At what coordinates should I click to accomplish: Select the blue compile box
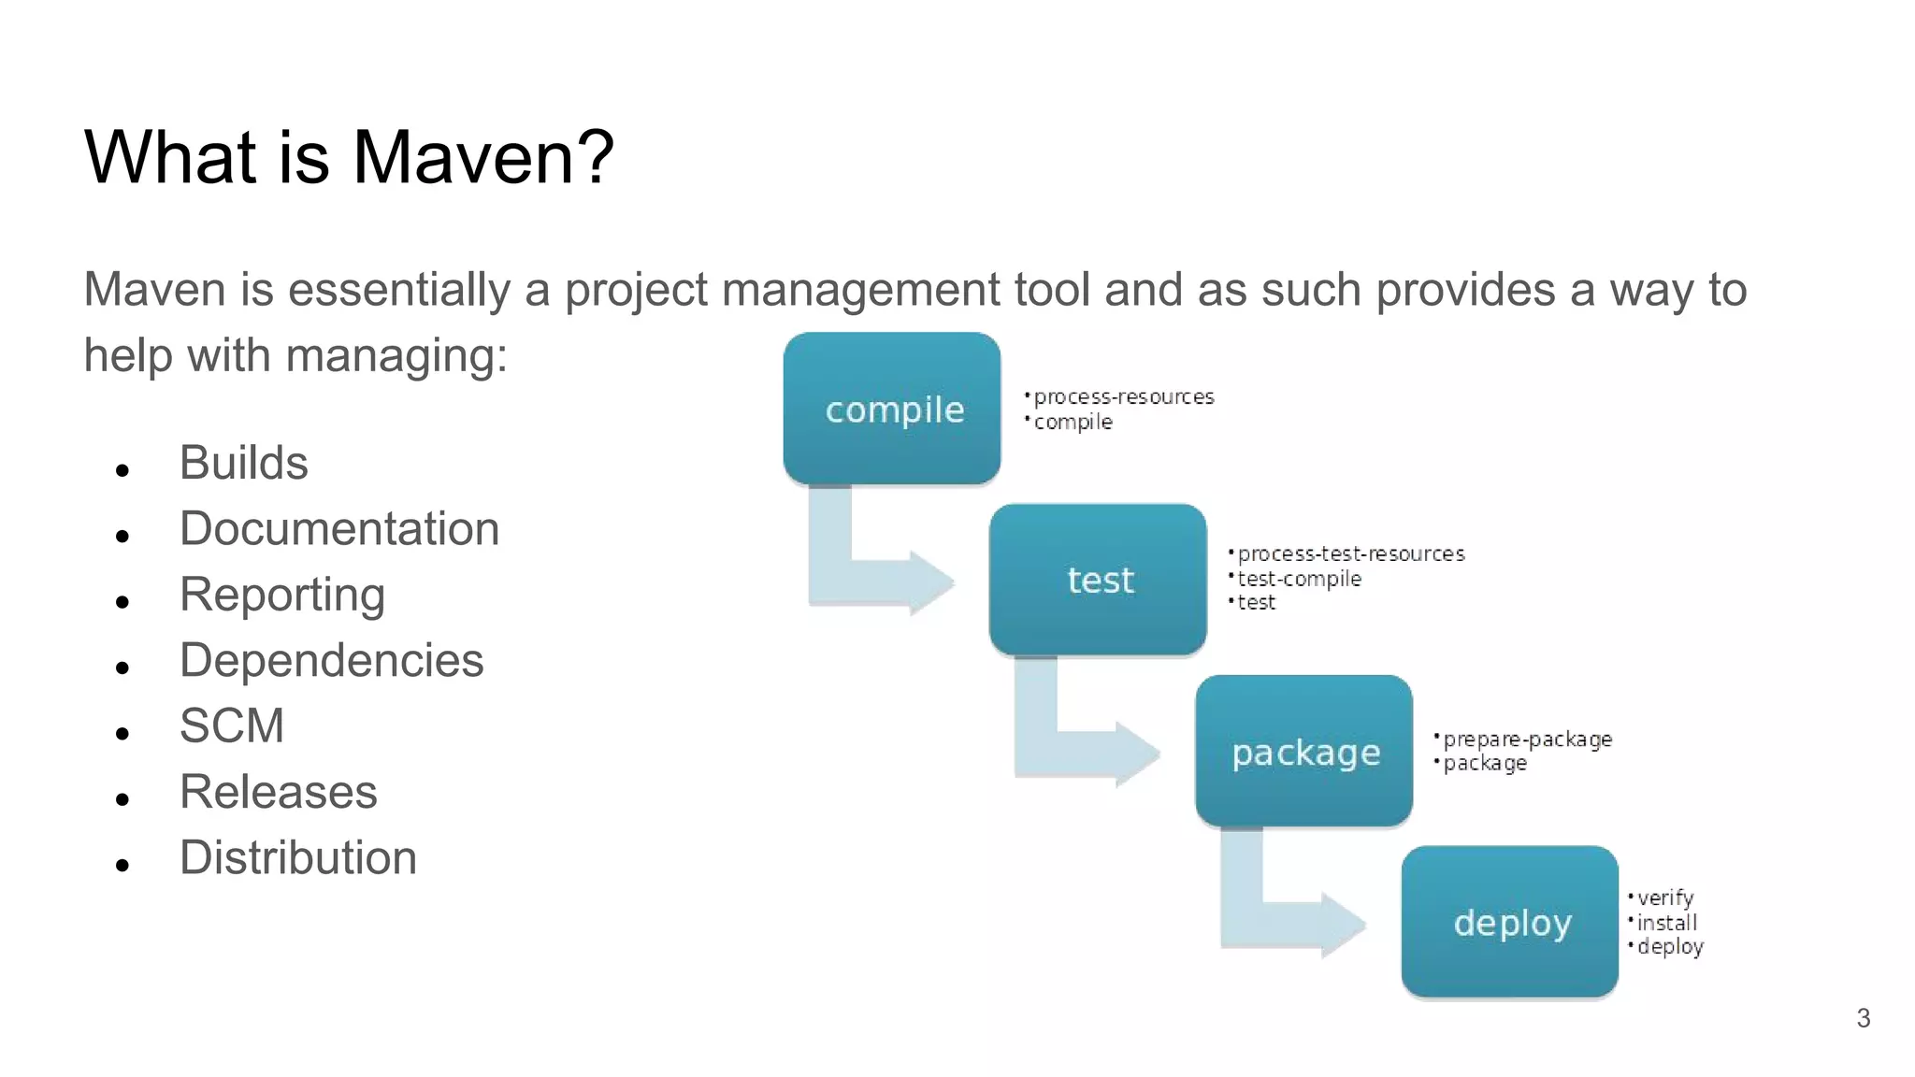point(892,409)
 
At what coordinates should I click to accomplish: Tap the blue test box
point(1098,580)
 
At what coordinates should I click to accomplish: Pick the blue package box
point(1303,752)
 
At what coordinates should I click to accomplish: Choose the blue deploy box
point(1509,923)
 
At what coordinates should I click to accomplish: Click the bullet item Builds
point(243,463)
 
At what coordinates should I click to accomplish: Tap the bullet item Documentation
point(338,529)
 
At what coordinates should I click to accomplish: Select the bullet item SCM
point(231,726)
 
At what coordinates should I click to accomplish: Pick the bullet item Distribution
point(297,858)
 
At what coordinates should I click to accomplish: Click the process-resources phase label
point(1123,397)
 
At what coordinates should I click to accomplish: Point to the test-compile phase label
point(1299,579)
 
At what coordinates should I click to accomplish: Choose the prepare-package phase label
point(1527,740)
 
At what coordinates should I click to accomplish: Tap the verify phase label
point(1664,898)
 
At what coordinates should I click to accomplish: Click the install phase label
point(1666,923)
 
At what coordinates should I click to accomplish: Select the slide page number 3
point(1863,1018)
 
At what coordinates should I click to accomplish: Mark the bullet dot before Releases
point(122,799)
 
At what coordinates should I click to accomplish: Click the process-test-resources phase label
point(1350,554)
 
